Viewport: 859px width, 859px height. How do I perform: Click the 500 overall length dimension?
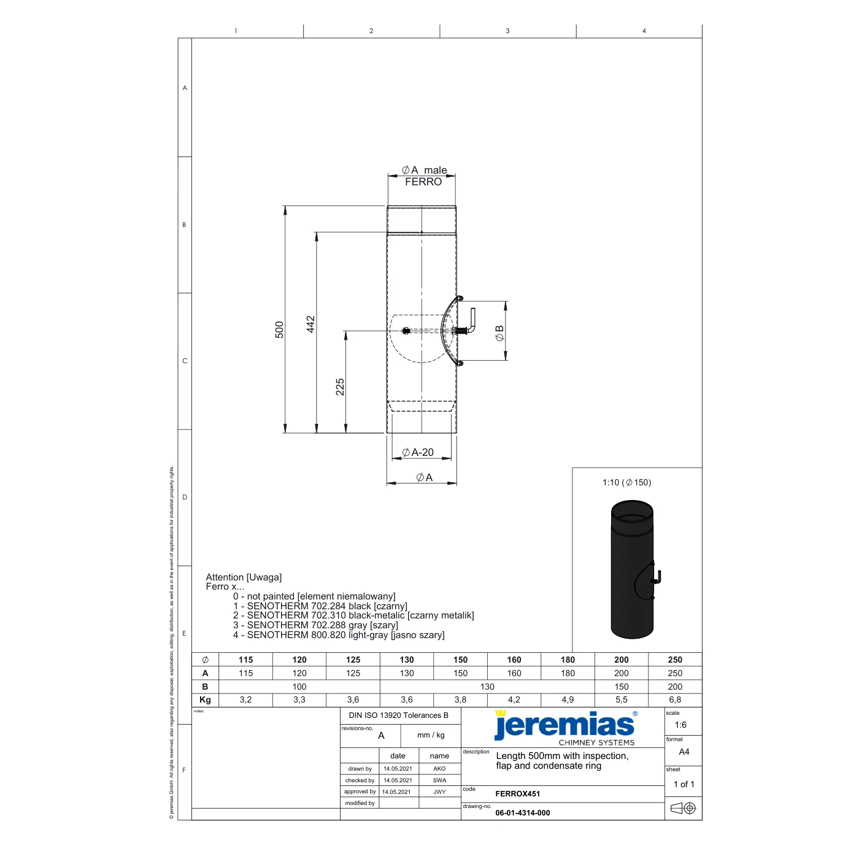[x=279, y=329]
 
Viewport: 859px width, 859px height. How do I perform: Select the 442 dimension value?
[x=310, y=324]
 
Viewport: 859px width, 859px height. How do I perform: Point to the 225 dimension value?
[x=340, y=387]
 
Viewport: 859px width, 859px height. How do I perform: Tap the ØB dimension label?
[x=499, y=333]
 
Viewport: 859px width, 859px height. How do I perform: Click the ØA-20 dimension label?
[x=418, y=452]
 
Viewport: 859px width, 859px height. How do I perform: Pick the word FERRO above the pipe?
[x=423, y=182]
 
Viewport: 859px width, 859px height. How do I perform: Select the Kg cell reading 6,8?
[x=675, y=700]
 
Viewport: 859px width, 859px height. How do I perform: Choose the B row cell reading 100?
[x=299, y=687]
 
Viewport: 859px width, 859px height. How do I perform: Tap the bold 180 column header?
[x=568, y=660]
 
